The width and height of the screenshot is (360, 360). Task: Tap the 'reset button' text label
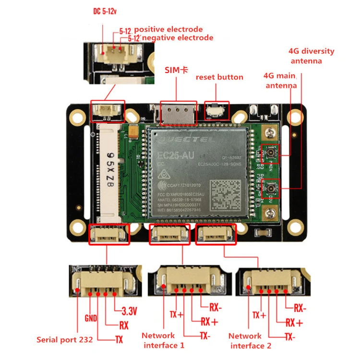(219, 77)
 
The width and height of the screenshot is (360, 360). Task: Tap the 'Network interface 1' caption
(163, 340)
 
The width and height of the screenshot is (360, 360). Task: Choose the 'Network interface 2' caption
(250, 341)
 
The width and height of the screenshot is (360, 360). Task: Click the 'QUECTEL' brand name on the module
(182, 138)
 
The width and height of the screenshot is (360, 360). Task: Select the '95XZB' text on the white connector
(110, 170)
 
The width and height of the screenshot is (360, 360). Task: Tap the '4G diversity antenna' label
(312, 56)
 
